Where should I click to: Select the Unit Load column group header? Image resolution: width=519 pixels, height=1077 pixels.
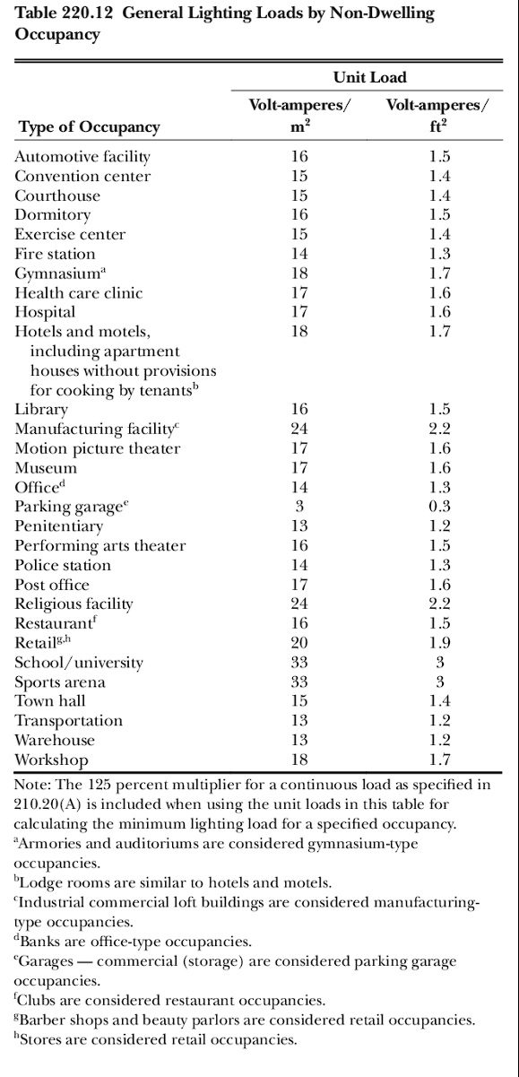click(369, 77)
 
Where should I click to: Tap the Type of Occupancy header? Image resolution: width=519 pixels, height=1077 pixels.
click(89, 127)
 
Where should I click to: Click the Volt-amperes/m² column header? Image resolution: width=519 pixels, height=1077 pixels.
click(299, 116)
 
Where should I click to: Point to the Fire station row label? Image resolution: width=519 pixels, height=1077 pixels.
click(55, 254)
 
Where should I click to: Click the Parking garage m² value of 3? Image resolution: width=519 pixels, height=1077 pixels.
click(299, 506)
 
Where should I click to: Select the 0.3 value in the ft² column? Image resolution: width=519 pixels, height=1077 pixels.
click(440, 506)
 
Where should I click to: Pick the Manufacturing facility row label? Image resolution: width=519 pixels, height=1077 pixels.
click(97, 429)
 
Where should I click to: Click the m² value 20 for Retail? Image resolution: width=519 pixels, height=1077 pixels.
click(299, 642)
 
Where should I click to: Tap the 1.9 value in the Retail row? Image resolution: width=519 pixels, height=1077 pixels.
click(440, 642)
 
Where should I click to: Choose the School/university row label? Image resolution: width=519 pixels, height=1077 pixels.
click(79, 663)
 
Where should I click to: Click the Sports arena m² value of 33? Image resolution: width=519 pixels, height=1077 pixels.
click(299, 682)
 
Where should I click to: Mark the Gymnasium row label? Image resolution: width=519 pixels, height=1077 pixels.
click(60, 274)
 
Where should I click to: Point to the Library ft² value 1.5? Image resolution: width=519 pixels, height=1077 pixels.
click(440, 409)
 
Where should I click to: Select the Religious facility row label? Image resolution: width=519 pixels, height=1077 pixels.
click(74, 604)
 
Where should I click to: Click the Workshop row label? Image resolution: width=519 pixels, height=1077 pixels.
click(51, 760)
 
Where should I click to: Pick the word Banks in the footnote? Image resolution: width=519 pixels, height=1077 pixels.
click(36, 942)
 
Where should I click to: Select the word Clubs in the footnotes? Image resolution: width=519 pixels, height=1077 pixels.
click(35, 1000)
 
